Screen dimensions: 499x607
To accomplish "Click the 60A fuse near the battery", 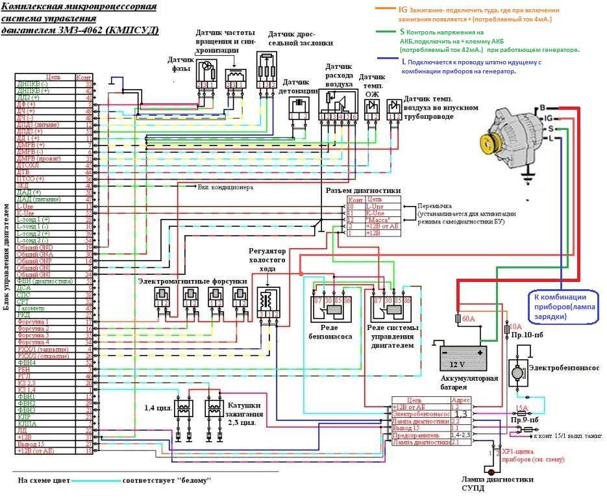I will tap(463, 320).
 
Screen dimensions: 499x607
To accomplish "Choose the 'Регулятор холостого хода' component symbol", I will tap(266, 300).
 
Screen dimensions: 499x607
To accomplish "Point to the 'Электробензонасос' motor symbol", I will tap(523, 373).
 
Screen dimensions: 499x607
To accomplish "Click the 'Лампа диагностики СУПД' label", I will tap(494, 483).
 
